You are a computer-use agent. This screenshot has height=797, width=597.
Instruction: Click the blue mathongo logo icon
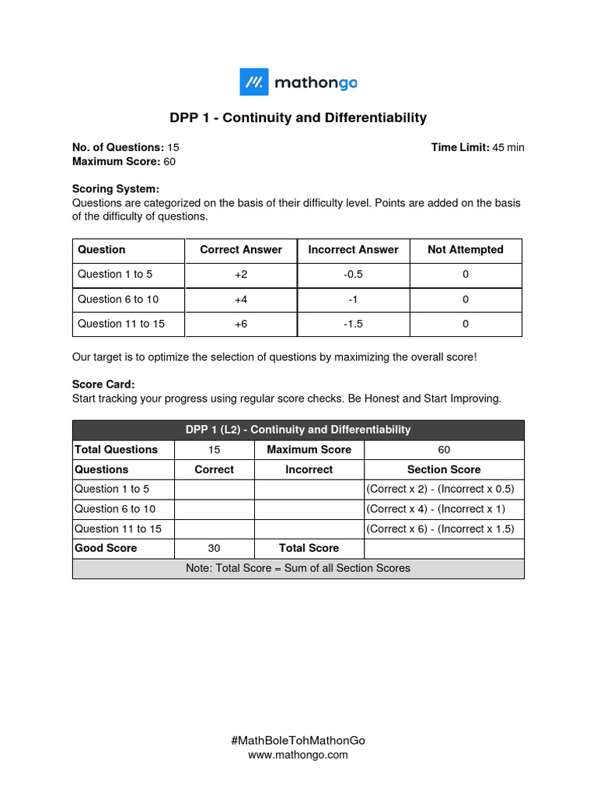(x=253, y=82)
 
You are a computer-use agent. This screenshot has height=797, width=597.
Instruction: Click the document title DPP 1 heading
(x=298, y=118)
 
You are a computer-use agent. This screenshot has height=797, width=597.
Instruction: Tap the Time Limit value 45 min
(x=508, y=147)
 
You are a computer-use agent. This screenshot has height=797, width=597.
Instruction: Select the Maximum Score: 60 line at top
(x=124, y=161)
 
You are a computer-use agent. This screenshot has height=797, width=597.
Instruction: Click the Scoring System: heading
(x=115, y=188)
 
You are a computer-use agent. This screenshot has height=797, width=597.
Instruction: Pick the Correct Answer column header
(x=241, y=250)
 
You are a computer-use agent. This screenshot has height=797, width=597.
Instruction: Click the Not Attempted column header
(x=465, y=250)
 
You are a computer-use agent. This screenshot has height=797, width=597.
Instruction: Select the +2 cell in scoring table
(x=241, y=275)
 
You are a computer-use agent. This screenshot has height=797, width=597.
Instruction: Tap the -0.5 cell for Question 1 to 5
(x=353, y=275)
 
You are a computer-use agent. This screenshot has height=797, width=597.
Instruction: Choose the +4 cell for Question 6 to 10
(x=241, y=300)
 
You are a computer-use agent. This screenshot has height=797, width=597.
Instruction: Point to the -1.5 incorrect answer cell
(x=353, y=324)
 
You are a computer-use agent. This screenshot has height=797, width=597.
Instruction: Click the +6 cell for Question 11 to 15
(x=241, y=324)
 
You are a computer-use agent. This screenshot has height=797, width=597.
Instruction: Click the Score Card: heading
(x=103, y=384)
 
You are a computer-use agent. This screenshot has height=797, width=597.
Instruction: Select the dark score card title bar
(x=298, y=430)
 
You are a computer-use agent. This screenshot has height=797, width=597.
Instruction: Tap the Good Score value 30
(x=215, y=548)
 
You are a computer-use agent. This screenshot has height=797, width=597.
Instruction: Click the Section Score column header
(x=444, y=469)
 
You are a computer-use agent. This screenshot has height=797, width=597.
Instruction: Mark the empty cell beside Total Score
(x=444, y=548)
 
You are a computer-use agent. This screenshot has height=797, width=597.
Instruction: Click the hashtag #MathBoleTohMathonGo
(x=298, y=741)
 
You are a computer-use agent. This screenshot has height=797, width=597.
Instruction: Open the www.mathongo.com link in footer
(x=298, y=755)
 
